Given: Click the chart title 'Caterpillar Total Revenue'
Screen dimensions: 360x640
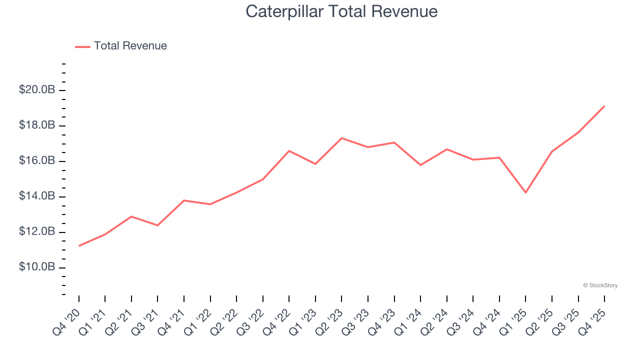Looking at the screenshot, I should (x=341, y=11).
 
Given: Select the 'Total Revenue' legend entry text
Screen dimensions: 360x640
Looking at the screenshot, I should (x=130, y=46).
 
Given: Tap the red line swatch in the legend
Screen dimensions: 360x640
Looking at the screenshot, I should (x=82, y=46).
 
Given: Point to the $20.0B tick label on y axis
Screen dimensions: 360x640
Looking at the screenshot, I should (x=36, y=90).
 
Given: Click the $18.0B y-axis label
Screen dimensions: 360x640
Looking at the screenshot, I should (x=36, y=125).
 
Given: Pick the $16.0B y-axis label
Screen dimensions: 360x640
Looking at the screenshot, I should (x=36, y=161).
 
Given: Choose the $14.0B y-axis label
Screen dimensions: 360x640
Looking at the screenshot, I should (x=36, y=196).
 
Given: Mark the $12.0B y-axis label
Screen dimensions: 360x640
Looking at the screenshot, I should (x=36, y=232).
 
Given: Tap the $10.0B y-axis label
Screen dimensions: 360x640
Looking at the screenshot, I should (x=36, y=267).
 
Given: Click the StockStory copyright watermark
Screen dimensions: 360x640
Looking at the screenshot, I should (x=600, y=285).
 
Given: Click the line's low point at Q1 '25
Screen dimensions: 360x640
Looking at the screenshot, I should (x=525, y=192).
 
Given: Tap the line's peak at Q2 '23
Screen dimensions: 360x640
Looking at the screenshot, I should (x=341, y=138).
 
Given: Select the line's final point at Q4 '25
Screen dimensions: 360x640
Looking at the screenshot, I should (x=604, y=106).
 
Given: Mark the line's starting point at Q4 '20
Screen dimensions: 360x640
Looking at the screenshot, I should (x=79, y=246).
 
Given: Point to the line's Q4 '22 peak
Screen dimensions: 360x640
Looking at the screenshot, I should (x=289, y=150).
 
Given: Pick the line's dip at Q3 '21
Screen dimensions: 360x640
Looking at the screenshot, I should (x=157, y=225).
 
